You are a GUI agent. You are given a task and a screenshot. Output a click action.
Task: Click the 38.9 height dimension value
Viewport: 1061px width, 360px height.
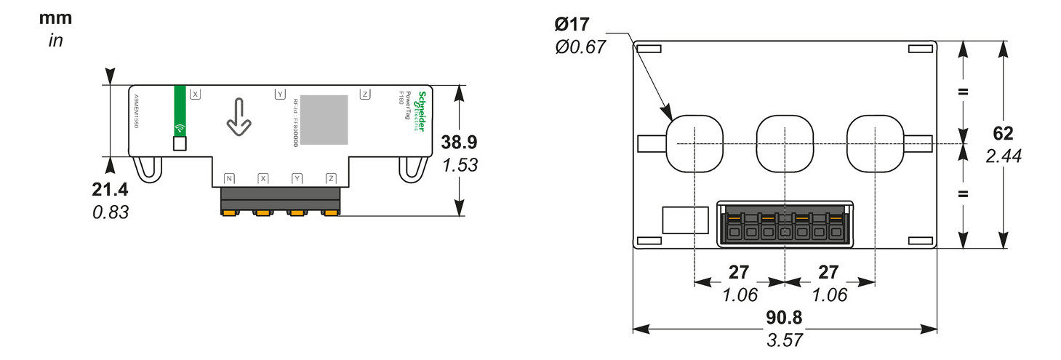(x=460, y=143)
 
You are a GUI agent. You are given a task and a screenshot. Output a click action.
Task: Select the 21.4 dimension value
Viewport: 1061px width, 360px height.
(x=111, y=191)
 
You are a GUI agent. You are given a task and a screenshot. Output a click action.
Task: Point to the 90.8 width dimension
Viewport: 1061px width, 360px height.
(x=785, y=318)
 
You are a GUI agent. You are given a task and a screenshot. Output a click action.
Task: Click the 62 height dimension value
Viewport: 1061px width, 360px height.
(x=1003, y=134)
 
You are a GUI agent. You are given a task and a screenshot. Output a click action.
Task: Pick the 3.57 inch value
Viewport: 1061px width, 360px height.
(x=785, y=340)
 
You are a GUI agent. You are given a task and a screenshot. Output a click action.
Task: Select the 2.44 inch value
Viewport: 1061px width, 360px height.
(x=1003, y=156)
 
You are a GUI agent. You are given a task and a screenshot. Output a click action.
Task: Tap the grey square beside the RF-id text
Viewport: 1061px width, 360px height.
(x=324, y=119)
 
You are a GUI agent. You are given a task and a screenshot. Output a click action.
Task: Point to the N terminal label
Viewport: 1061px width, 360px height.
(x=229, y=178)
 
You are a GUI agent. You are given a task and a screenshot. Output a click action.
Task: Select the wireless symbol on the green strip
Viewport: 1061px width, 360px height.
(x=179, y=129)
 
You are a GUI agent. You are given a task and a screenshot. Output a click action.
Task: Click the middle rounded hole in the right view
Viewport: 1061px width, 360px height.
(x=784, y=143)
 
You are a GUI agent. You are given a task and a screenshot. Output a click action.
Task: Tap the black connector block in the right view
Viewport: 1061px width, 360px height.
(x=784, y=223)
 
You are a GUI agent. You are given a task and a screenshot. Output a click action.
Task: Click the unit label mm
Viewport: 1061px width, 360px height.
(x=56, y=18)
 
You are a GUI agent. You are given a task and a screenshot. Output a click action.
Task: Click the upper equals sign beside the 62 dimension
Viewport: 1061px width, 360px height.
(x=964, y=92)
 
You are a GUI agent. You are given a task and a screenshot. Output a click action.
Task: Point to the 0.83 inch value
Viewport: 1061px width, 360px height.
(x=111, y=213)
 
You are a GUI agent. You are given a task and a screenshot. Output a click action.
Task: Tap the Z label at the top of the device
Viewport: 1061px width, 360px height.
(x=364, y=95)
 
